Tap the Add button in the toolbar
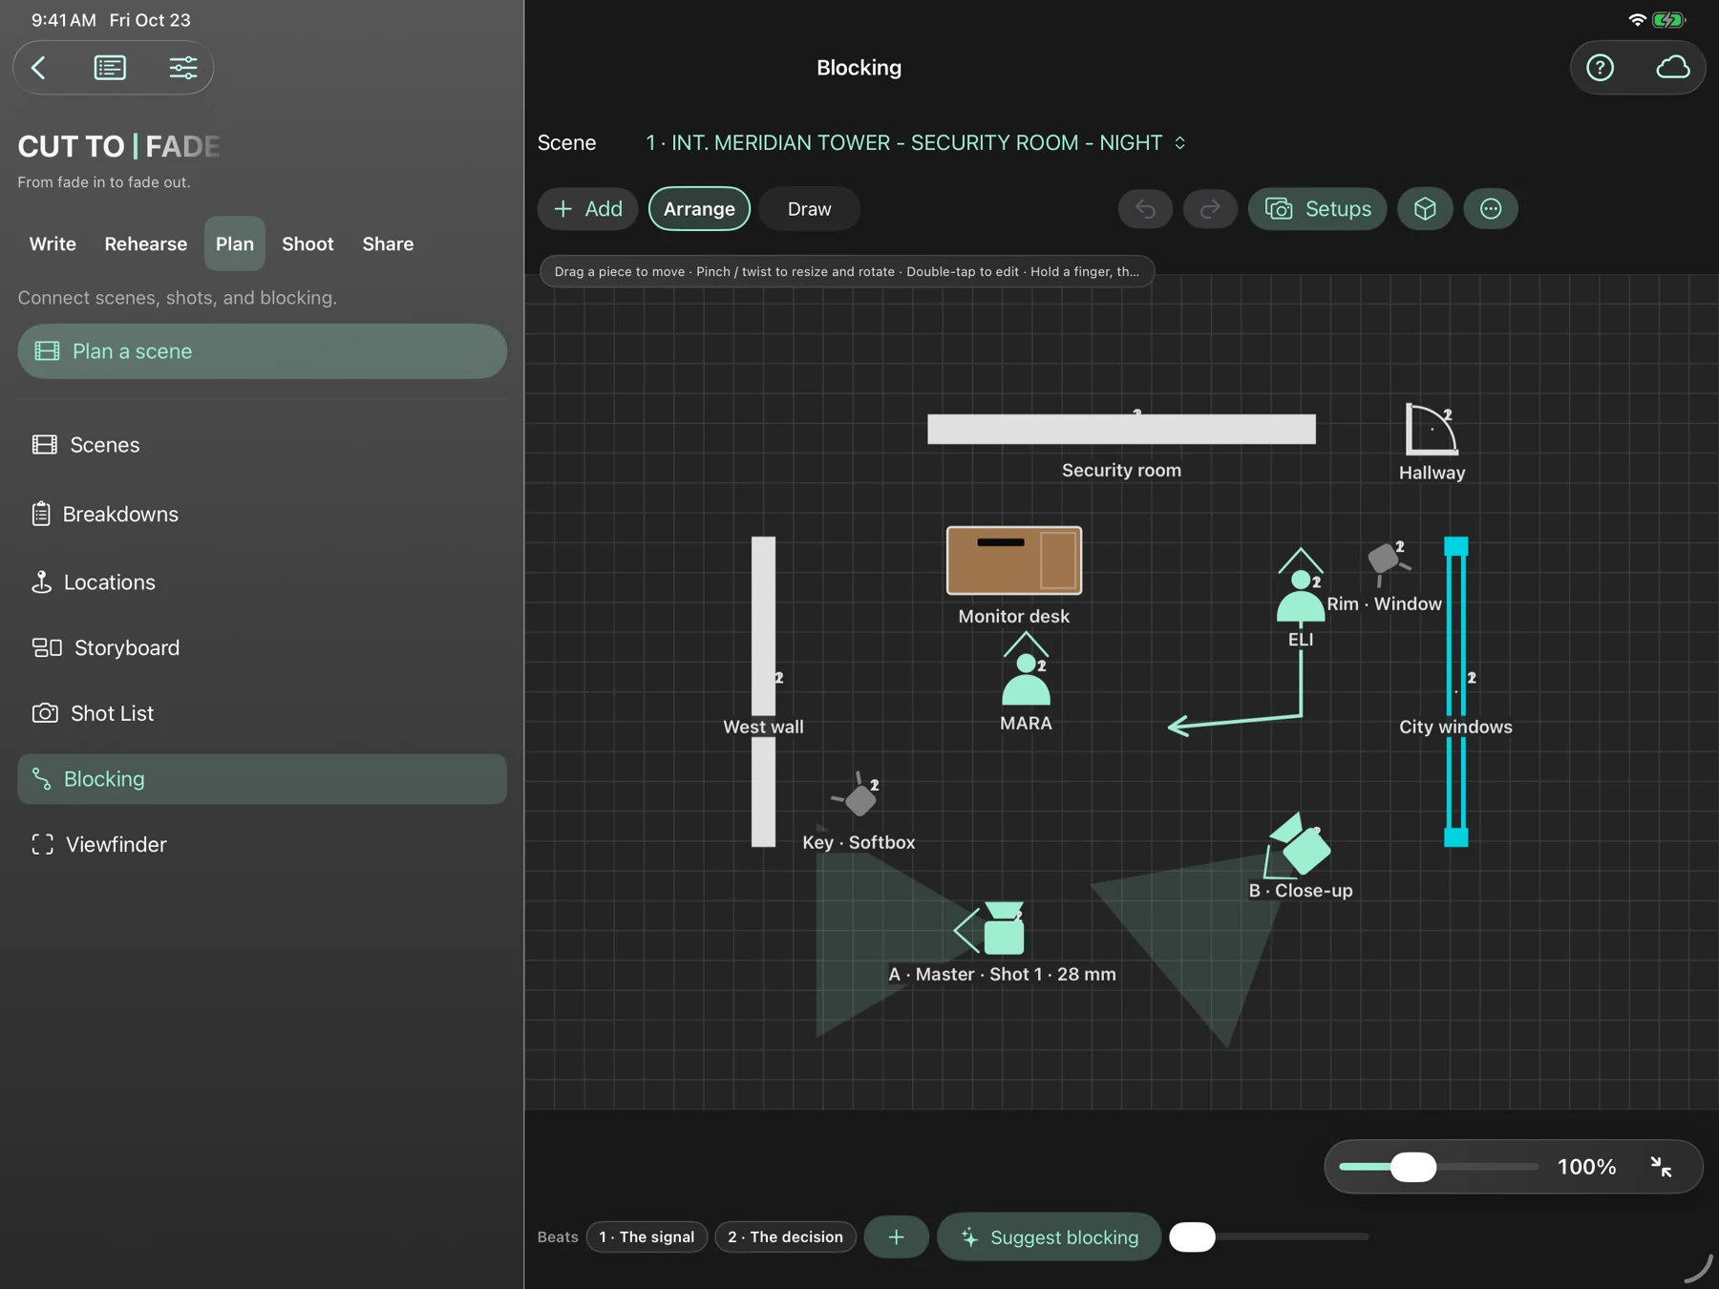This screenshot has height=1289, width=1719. point(587,209)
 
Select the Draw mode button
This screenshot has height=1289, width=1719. point(809,209)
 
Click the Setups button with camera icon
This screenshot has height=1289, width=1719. point(1317,209)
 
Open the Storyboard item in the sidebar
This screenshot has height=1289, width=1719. point(106,648)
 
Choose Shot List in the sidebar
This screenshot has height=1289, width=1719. point(94,713)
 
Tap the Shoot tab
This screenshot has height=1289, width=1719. point(308,244)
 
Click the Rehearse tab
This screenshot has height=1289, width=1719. point(146,244)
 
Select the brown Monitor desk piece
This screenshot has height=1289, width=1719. point(1014,560)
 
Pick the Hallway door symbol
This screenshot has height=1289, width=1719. point(1431,430)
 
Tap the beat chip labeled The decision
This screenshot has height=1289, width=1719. point(785,1237)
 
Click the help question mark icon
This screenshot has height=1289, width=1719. point(1601,68)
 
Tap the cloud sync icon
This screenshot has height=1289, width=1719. point(1672,68)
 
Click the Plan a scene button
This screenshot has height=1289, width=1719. point(262,351)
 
